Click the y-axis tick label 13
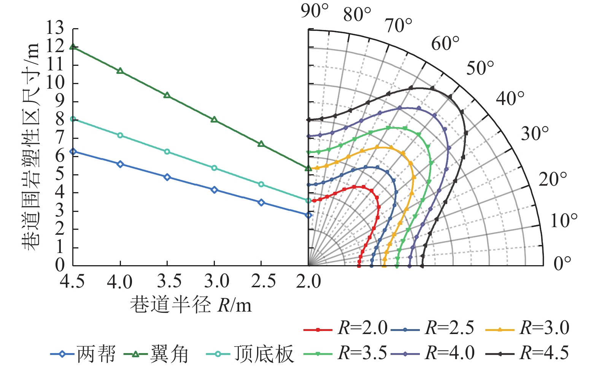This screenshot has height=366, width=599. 55,29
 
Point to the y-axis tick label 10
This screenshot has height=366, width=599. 55,83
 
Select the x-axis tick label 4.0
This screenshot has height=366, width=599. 120,282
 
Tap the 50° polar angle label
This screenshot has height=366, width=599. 480,68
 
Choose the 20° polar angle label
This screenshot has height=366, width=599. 553,179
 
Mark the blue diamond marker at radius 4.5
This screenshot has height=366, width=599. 73,151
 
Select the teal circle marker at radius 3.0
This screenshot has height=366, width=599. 214,168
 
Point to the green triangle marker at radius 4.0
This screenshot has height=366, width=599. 120,71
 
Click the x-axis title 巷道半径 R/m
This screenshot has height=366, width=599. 191,305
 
